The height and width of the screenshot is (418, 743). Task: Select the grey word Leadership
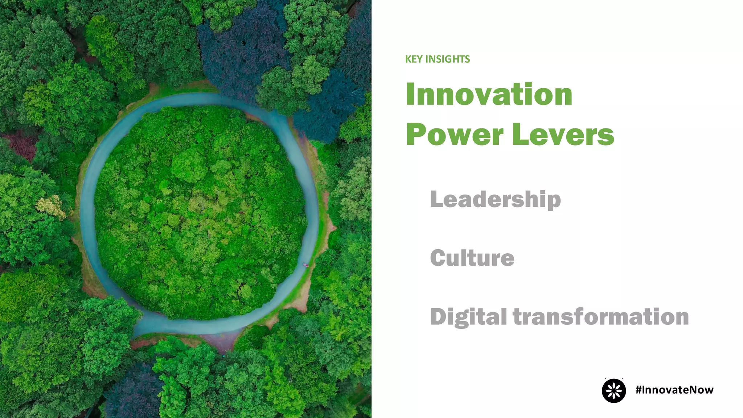pos(495,199)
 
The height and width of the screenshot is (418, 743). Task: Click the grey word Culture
pos(472,258)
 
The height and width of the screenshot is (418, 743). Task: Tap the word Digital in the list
pos(468,317)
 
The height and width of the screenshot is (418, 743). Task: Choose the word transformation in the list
pos(600,317)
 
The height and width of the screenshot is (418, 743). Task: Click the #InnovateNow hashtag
pos(674,390)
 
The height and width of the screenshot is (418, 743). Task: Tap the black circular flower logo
pos(614,391)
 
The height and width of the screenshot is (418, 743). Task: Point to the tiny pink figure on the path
pos(306,265)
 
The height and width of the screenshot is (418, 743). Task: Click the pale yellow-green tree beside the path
pos(51,206)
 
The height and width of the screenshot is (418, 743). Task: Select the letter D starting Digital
pos(438,317)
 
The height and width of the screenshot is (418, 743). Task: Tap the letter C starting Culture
pos(438,258)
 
